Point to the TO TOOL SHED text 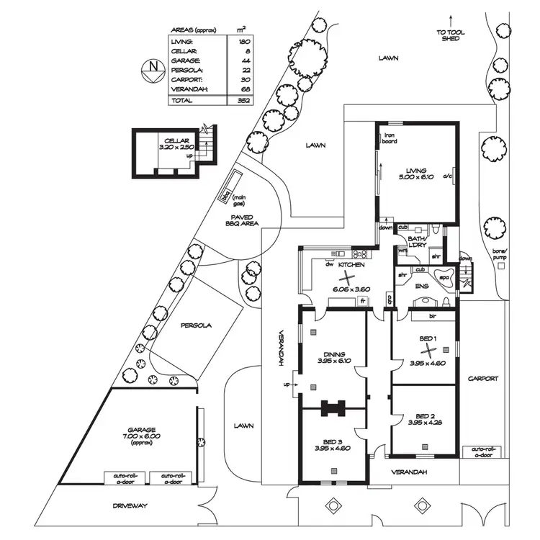(451, 35)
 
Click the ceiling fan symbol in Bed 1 (429, 351)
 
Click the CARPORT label (482, 378)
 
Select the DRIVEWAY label (130, 505)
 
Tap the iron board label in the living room (390, 139)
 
